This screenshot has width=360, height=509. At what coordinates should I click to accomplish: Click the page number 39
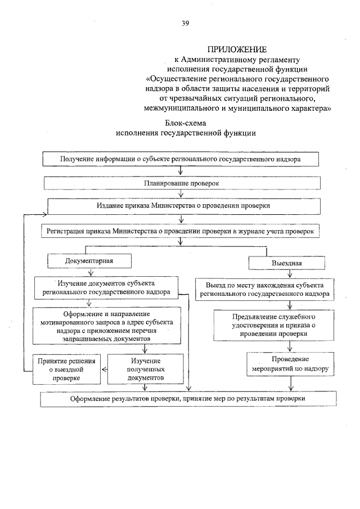[x=184, y=22]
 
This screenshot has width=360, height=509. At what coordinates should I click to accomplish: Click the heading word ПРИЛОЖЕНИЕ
[x=232, y=49]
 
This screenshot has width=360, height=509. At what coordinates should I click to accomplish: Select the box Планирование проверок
[x=181, y=183]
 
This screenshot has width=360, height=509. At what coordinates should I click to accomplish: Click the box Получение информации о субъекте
[x=181, y=159]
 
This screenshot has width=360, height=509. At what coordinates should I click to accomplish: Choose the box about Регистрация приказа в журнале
[x=181, y=231]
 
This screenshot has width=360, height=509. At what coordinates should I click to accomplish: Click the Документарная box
[x=89, y=262]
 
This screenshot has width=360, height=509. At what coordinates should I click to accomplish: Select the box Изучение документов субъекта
[x=106, y=287]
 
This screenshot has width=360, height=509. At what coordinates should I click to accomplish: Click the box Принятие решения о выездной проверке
[x=66, y=370]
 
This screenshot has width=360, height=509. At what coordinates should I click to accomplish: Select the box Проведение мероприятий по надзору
[x=290, y=365]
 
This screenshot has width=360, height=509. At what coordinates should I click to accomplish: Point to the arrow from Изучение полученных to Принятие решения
[x=105, y=370]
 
